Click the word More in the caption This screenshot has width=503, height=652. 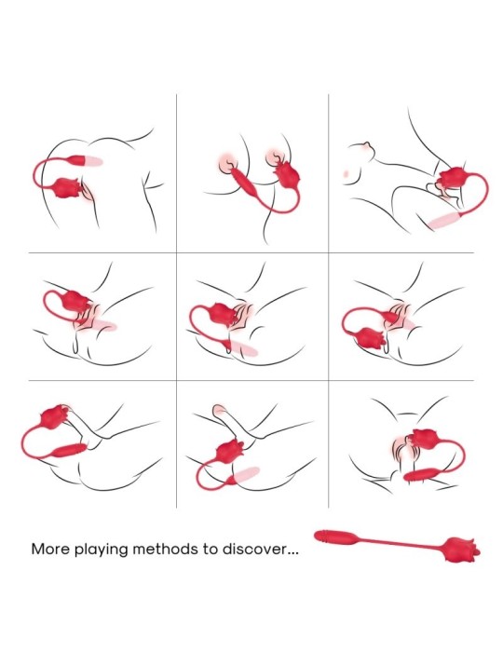click(x=50, y=549)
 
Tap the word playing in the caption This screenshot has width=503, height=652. click(x=101, y=550)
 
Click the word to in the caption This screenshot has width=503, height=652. click(x=211, y=550)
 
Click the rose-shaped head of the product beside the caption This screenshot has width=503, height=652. click(x=462, y=550)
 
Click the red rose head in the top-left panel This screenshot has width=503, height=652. click(x=68, y=187)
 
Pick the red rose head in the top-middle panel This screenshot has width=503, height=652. click(x=288, y=175)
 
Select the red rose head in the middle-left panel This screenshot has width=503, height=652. click(x=75, y=302)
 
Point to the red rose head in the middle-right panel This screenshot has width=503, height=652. click(x=370, y=339)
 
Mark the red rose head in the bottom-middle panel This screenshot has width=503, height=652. click(x=230, y=452)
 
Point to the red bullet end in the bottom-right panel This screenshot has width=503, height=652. click(x=421, y=474)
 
